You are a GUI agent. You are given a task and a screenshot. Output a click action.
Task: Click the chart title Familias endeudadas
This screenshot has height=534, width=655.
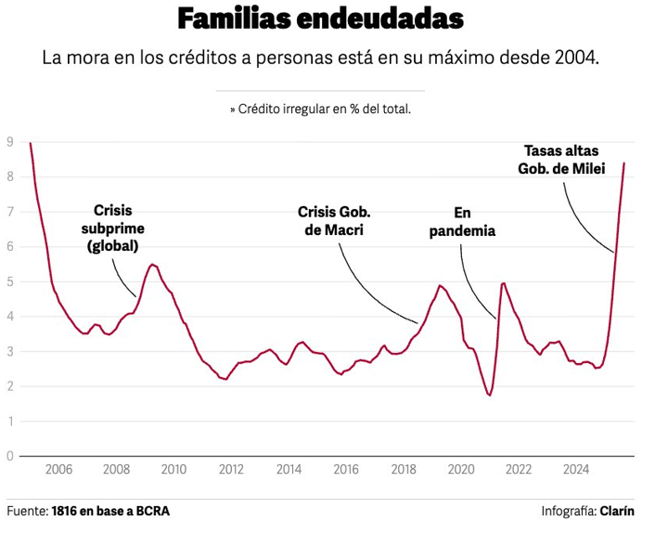pos(320,19)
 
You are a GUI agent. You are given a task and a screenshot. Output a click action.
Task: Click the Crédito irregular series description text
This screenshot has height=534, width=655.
pos(320,109)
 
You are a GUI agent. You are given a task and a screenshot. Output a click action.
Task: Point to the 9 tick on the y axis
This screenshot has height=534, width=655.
pos(9,142)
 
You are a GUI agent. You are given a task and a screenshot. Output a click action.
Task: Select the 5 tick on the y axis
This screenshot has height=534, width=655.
pos(9,281)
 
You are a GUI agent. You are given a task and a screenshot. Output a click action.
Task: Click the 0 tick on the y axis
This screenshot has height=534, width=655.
pos(9,456)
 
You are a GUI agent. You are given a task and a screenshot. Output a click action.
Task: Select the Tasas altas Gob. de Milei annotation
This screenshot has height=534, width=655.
pos(564,159)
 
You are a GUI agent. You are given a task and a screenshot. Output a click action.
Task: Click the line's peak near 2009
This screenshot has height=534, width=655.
pos(153,265)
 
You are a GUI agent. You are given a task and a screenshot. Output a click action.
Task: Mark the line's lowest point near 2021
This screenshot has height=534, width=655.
pos(489,396)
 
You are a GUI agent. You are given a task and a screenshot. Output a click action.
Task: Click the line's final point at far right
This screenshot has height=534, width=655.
pos(623,163)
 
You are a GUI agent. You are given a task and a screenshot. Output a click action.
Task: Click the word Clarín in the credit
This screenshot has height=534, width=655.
pos(617,511)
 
